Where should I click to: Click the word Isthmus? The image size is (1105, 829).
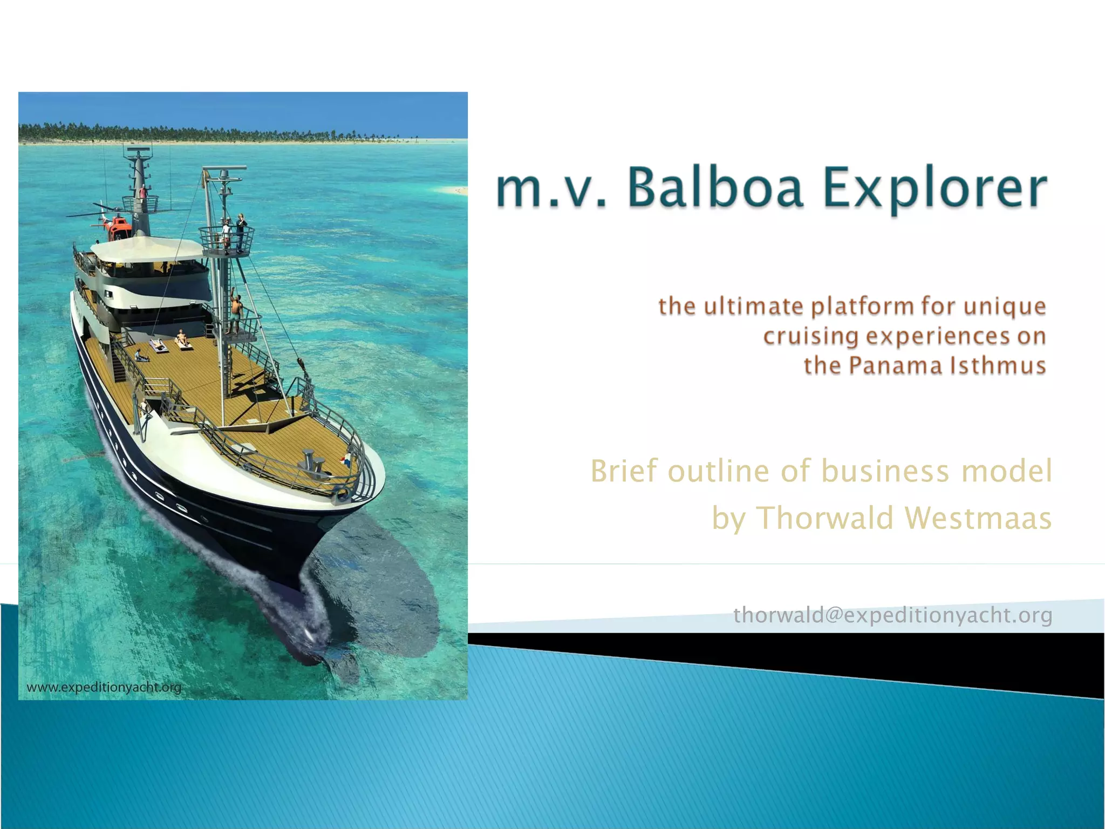[998, 365]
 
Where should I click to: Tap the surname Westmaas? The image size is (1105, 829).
[978, 518]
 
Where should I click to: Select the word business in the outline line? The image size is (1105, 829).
[885, 471]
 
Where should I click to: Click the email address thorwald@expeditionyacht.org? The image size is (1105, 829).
[893, 615]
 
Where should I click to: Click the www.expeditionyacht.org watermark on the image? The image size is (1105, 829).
[104, 688]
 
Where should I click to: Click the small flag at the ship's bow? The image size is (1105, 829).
[345, 460]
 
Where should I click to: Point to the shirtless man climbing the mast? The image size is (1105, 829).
[236, 312]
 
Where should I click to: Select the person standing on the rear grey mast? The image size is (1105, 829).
[143, 192]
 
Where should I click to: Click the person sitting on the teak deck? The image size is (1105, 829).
[141, 356]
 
